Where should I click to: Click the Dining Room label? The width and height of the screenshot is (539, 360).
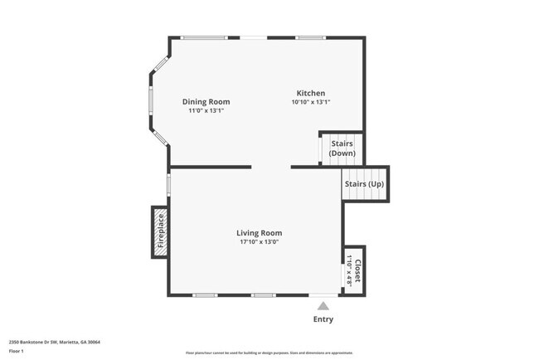point(206,102)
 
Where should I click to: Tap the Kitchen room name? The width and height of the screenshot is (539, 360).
point(311,94)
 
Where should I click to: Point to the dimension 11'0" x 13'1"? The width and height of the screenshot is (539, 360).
point(206,111)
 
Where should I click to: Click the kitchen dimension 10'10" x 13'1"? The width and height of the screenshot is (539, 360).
point(311,103)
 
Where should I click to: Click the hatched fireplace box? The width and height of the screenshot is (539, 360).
point(160,231)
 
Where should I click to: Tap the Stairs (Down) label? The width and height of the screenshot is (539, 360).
point(342,148)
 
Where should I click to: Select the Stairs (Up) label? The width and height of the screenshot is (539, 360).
point(365,183)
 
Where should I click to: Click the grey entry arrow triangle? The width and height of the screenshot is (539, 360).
point(323,306)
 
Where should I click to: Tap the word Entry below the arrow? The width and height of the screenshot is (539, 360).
point(323,319)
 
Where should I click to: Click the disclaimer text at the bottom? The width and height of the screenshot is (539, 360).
point(269,353)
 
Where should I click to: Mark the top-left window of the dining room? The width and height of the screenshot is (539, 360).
point(203,37)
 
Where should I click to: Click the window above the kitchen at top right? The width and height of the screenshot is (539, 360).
point(311,37)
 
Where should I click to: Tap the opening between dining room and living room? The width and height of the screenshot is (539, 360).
point(271,168)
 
